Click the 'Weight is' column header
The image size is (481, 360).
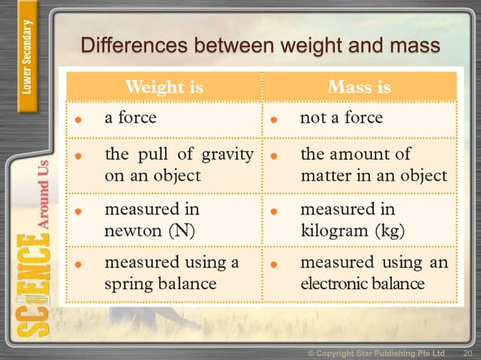pyautogui.click(x=164, y=87)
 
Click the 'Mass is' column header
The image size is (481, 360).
pyautogui.click(x=360, y=87)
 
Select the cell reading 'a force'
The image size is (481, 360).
pyautogui.click(x=130, y=118)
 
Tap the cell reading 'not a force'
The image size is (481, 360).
pyautogui.click(x=342, y=118)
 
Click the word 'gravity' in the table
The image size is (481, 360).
pyautogui.click(x=225, y=156)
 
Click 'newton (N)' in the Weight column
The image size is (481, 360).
pyautogui.click(x=149, y=230)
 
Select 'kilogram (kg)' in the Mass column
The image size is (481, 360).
pyautogui.click(x=352, y=230)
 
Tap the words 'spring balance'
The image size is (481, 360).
pyautogui.click(x=160, y=284)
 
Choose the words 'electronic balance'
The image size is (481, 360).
pyautogui.click(x=362, y=285)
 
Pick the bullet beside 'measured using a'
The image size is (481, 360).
pyautogui.click(x=78, y=264)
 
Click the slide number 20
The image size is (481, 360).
pyautogui.click(x=467, y=353)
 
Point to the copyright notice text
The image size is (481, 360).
pyautogui.click(x=376, y=353)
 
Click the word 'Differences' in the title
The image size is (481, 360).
pyautogui.click(x=133, y=46)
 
